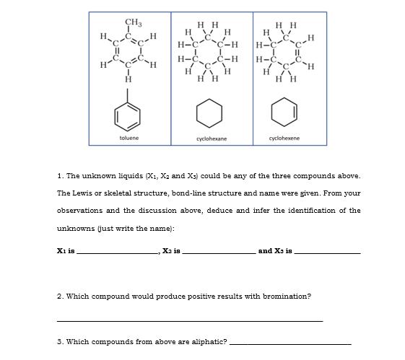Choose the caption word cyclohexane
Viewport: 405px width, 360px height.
click(x=208, y=137)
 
